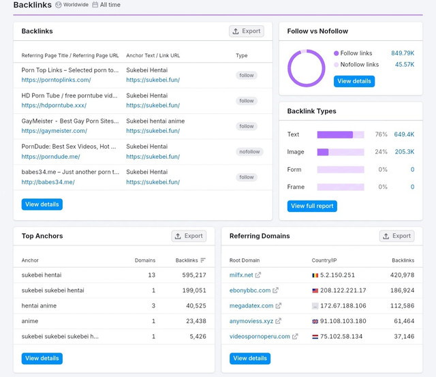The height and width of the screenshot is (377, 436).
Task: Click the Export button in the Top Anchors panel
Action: [x=189, y=236]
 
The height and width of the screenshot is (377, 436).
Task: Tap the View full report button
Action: [x=312, y=206]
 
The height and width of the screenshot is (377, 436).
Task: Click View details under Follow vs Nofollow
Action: [x=354, y=81]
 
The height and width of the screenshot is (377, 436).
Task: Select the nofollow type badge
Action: [x=249, y=151]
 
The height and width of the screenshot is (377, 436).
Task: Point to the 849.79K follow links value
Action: [x=403, y=53]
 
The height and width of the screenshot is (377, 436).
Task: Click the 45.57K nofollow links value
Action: [x=405, y=65]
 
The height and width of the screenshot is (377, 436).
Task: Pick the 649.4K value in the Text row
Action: [x=404, y=134]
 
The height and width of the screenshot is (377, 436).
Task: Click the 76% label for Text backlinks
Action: [x=381, y=134]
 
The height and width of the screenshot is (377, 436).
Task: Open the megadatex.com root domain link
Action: [x=251, y=306]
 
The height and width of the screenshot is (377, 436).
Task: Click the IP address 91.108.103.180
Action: [x=343, y=321]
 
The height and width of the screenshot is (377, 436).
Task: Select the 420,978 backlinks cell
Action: [x=402, y=275]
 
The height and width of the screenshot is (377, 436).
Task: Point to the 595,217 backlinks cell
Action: [x=194, y=275]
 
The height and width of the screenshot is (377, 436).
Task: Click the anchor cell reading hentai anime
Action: [x=39, y=306]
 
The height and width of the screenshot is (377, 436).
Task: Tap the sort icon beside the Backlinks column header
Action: [x=203, y=260]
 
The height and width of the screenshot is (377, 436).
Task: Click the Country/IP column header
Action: [x=324, y=260]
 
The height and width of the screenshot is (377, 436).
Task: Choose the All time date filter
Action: [x=106, y=5]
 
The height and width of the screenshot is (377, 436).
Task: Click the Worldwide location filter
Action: [x=72, y=5]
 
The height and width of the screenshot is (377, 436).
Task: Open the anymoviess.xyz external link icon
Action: [x=278, y=321]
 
